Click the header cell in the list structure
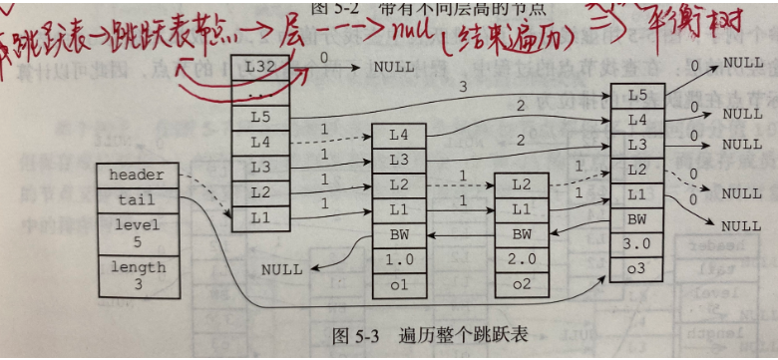pyautogui.click(x=137, y=176)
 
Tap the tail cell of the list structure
pyautogui.click(x=137, y=199)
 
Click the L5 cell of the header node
pyautogui.click(x=261, y=117)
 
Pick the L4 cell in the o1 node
pyautogui.click(x=399, y=135)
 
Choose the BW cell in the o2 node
pyautogui.click(x=522, y=235)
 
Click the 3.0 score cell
pyautogui.click(x=637, y=244)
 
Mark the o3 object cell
pyautogui.click(x=637, y=269)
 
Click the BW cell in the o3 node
pyautogui.click(x=637, y=218)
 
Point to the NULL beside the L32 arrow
pyautogui.click(x=394, y=68)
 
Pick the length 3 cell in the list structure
pyautogui.click(x=137, y=274)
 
